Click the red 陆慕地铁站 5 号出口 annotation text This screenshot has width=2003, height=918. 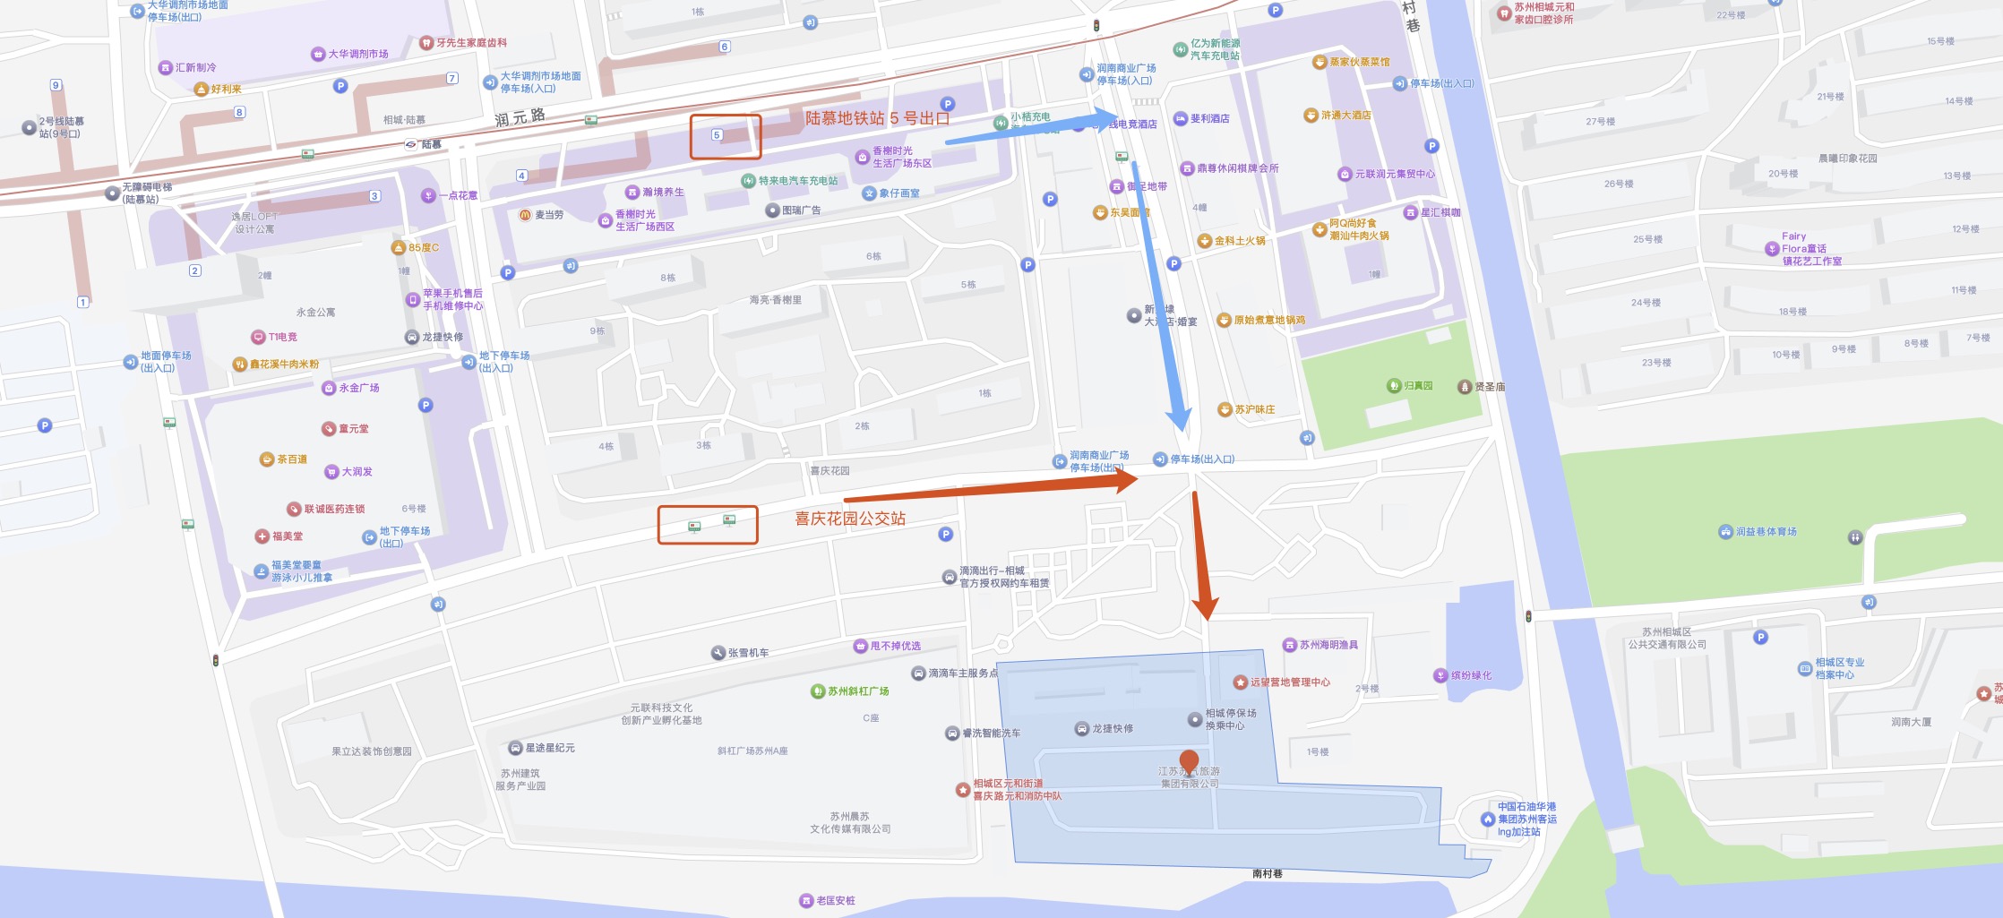[x=876, y=118]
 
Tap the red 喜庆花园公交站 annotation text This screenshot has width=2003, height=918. [x=850, y=519]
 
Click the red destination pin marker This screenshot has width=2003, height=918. [x=1189, y=762]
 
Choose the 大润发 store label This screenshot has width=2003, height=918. [x=357, y=472]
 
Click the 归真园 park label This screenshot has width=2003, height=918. [x=1417, y=386]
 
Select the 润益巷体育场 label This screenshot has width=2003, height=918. [x=1766, y=532]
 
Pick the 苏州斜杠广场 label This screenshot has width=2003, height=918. [x=857, y=691]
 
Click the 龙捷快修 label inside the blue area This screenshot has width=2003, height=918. [x=1112, y=729]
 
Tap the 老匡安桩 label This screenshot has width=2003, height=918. [x=835, y=900]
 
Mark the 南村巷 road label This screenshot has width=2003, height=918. [x=1267, y=873]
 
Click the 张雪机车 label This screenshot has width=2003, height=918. [x=747, y=653]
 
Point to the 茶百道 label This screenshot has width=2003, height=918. [x=291, y=459]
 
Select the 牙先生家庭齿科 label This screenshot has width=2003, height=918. [x=471, y=43]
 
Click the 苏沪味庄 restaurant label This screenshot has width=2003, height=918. [x=1254, y=409]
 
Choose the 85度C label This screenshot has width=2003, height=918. [x=423, y=248]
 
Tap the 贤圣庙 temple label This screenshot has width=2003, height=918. [x=1489, y=387]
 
